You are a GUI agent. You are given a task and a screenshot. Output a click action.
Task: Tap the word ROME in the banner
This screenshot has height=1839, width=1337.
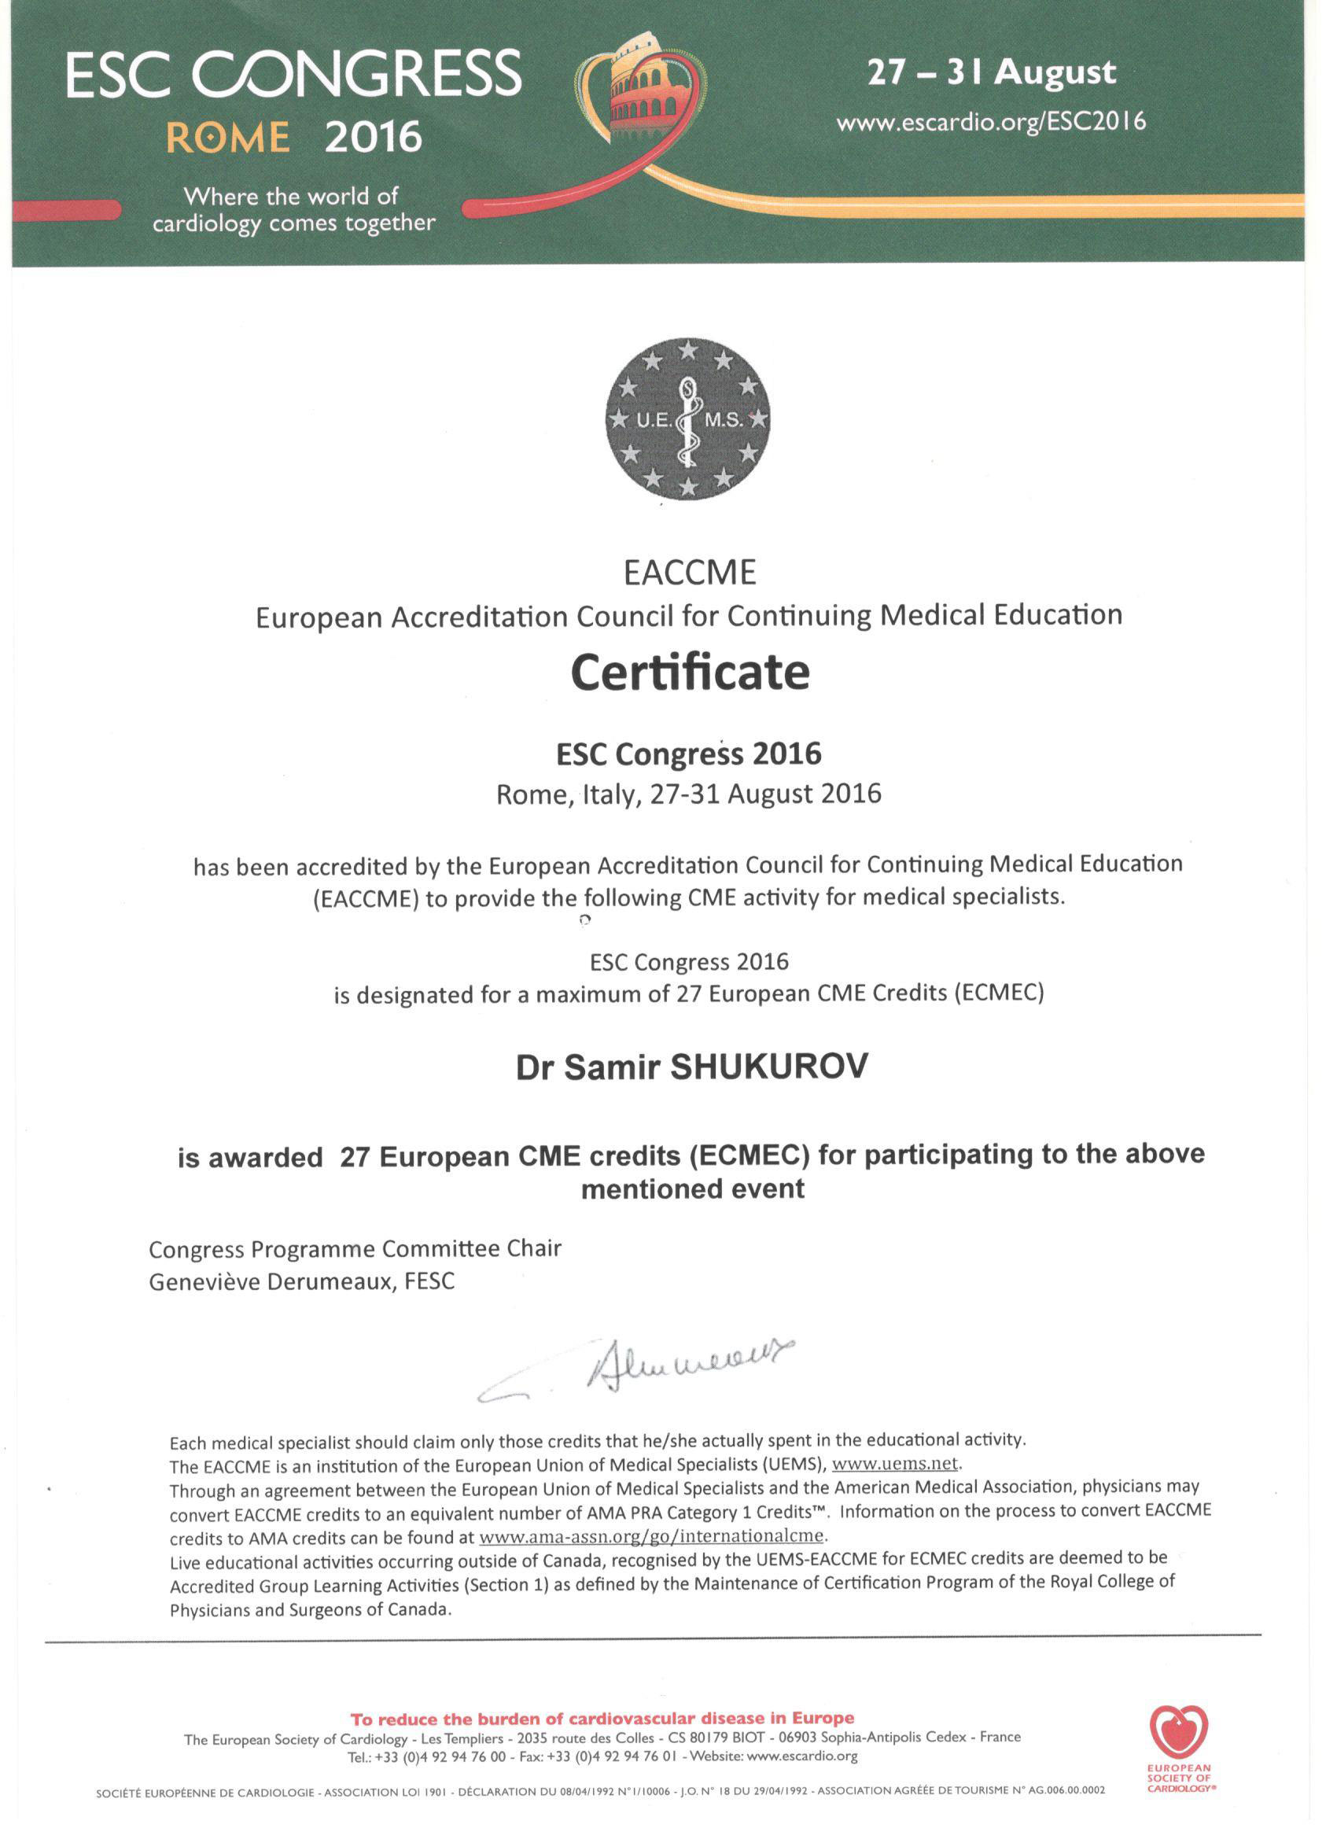click(228, 138)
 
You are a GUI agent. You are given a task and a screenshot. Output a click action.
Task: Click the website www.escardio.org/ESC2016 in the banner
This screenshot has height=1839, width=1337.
click(991, 123)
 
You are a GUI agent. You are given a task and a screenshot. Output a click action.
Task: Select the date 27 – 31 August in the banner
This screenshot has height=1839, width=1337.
click(991, 73)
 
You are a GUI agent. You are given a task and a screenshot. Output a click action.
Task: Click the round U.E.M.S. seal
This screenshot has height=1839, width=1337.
click(688, 419)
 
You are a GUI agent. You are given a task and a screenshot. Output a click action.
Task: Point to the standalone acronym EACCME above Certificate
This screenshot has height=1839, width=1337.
click(689, 573)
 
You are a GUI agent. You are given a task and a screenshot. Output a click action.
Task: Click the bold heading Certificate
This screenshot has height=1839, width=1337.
click(690, 673)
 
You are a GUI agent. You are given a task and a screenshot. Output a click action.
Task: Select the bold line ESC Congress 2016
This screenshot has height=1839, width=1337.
click(688, 754)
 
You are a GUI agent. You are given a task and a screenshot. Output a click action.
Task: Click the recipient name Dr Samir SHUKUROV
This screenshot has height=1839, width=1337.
click(691, 1067)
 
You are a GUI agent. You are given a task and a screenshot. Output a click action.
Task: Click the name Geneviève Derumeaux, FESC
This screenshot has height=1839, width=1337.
click(302, 1281)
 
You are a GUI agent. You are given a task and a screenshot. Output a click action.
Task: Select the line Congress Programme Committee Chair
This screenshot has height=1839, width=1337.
click(355, 1249)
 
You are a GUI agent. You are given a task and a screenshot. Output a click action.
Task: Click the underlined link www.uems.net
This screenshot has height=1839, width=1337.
click(895, 1465)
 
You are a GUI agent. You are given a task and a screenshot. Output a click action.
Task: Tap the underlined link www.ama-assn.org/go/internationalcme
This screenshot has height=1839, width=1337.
click(652, 1535)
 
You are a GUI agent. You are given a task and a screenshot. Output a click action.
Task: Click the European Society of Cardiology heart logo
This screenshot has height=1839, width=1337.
click(1178, 1732)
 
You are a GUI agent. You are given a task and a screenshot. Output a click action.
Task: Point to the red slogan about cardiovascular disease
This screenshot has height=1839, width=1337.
click(602, 1718)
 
